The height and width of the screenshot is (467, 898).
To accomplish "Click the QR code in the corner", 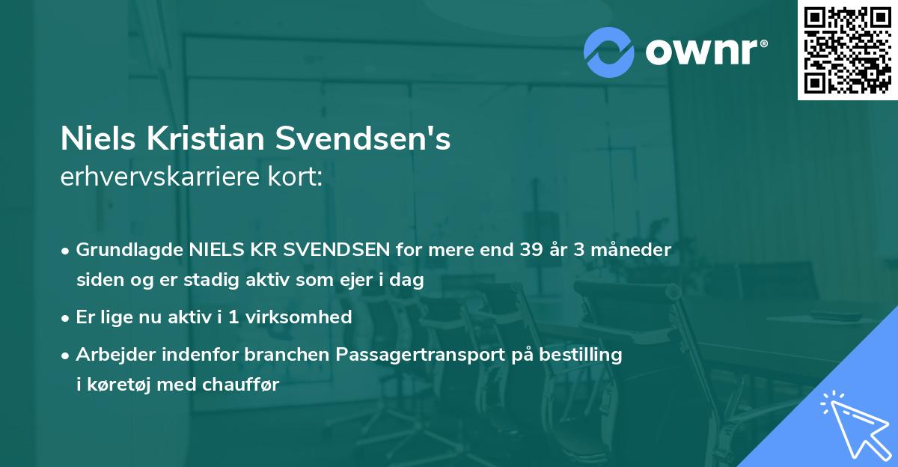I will [847, 50].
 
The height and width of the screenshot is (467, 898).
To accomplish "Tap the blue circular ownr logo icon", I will [609, 52].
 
